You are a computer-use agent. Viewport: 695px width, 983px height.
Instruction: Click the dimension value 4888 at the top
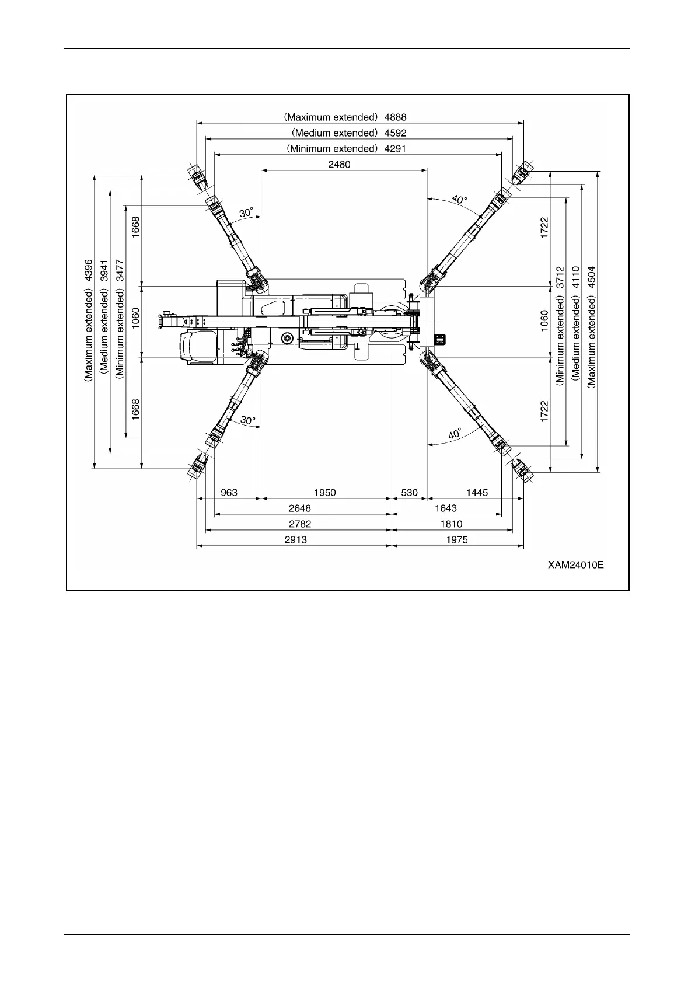point(395,117)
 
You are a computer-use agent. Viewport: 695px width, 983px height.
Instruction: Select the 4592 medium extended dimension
point(395,133)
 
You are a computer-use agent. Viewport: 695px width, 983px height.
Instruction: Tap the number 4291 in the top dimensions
point(395,148)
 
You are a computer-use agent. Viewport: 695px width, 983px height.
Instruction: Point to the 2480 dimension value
point(339,164)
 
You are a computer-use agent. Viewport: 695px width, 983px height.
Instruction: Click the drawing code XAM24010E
point(575,565)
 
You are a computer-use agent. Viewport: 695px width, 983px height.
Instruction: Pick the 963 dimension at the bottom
point(229,492)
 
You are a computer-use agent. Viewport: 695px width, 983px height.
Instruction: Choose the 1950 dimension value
point(325,492)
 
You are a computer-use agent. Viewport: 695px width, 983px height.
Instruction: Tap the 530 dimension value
point(410,492)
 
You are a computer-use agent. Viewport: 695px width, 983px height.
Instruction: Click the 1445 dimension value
point(477,492)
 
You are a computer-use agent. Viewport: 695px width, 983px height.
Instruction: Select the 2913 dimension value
point(295,539)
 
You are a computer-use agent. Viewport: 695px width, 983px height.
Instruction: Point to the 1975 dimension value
point(457,539)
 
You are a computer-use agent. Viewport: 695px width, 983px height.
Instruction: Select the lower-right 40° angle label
point(455,434)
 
